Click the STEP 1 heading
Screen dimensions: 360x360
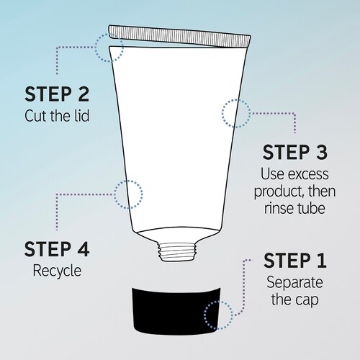pos(295,260)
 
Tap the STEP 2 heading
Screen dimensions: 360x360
pos(57,94)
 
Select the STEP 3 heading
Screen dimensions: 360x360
pos(295,152)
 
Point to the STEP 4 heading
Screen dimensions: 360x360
pos(57,249)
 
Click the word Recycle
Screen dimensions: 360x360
pos(57,271)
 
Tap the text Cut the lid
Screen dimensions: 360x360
pos(57,116)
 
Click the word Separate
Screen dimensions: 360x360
pos(294,283)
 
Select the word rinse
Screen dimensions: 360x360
pos(279,208)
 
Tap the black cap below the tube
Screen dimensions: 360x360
pos(176,310)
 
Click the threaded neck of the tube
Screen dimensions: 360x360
pos(177,251)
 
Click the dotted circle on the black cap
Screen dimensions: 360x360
pos(218,315)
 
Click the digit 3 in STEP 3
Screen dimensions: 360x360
pos(321,152)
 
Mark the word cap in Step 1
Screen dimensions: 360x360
pos(307,300)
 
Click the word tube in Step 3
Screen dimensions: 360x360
pos(311,207)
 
